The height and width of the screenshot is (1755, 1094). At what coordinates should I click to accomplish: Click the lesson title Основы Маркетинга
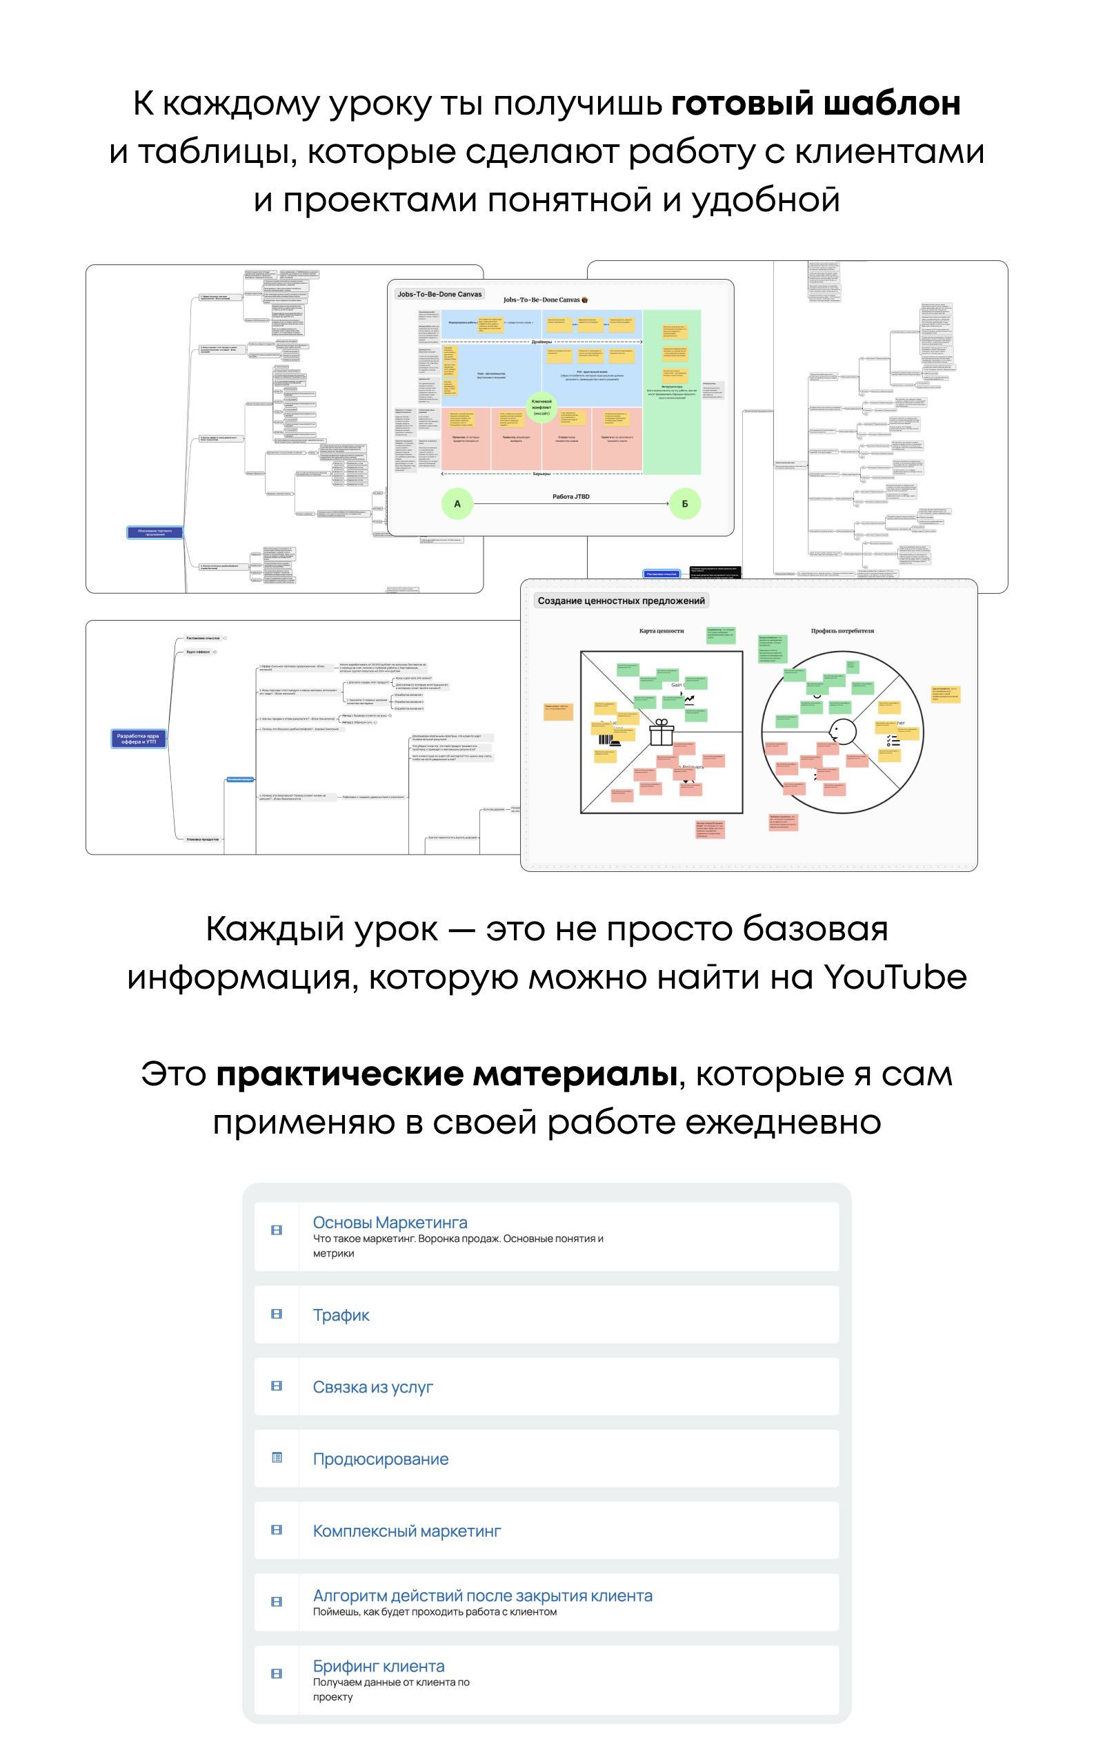coord(389,1222)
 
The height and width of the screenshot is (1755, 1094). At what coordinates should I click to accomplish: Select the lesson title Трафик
coord(341,1315)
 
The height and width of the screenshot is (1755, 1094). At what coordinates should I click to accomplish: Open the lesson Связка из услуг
coord(372,1386)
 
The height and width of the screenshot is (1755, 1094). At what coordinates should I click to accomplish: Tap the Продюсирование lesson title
coord(381,1458)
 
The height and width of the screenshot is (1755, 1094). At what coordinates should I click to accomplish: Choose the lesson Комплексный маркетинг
coord(407,1531)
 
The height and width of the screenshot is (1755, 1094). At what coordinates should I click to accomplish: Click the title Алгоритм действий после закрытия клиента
coord(483,1595)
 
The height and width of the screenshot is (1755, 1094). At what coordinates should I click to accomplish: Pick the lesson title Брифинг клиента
coord(379,1665)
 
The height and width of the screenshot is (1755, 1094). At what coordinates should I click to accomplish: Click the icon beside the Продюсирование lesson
coord(277,1457)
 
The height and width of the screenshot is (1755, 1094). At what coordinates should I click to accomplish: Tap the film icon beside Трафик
coord(277,1313)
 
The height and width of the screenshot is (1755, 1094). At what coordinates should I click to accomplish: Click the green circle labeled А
coord(457,503)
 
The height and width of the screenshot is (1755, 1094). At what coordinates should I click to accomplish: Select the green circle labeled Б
coord(684,503)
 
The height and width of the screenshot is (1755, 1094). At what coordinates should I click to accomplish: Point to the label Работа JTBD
coord(571,496)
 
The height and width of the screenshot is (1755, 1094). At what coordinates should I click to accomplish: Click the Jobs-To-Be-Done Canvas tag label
coord(439,294)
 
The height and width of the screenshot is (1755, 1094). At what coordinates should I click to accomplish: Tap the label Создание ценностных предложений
coord(621,600)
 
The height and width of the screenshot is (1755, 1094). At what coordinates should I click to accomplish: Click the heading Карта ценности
coord(661,630)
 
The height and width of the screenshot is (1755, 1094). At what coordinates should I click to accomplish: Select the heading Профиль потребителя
coord(842,630)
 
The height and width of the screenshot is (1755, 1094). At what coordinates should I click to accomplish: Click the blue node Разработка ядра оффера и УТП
coord(138,738)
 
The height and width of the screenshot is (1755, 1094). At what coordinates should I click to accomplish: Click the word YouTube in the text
coord(895,977)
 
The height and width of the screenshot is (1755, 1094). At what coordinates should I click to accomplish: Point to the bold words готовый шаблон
coord(815,103)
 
